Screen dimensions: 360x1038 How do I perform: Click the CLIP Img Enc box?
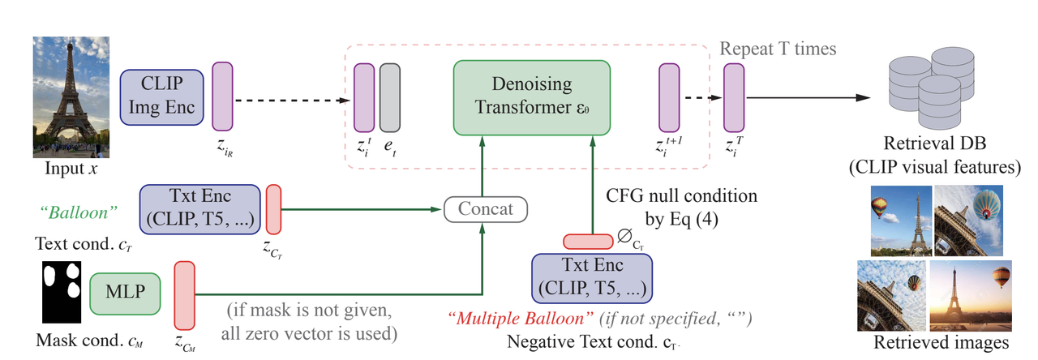tap(162, 97)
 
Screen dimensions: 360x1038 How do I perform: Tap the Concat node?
tap(486, 209)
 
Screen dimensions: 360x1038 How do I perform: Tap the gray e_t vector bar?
tap(390, 97)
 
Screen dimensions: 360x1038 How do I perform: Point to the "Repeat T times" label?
tap(778, 49)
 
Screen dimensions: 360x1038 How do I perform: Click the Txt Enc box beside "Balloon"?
tap(199, 210)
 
